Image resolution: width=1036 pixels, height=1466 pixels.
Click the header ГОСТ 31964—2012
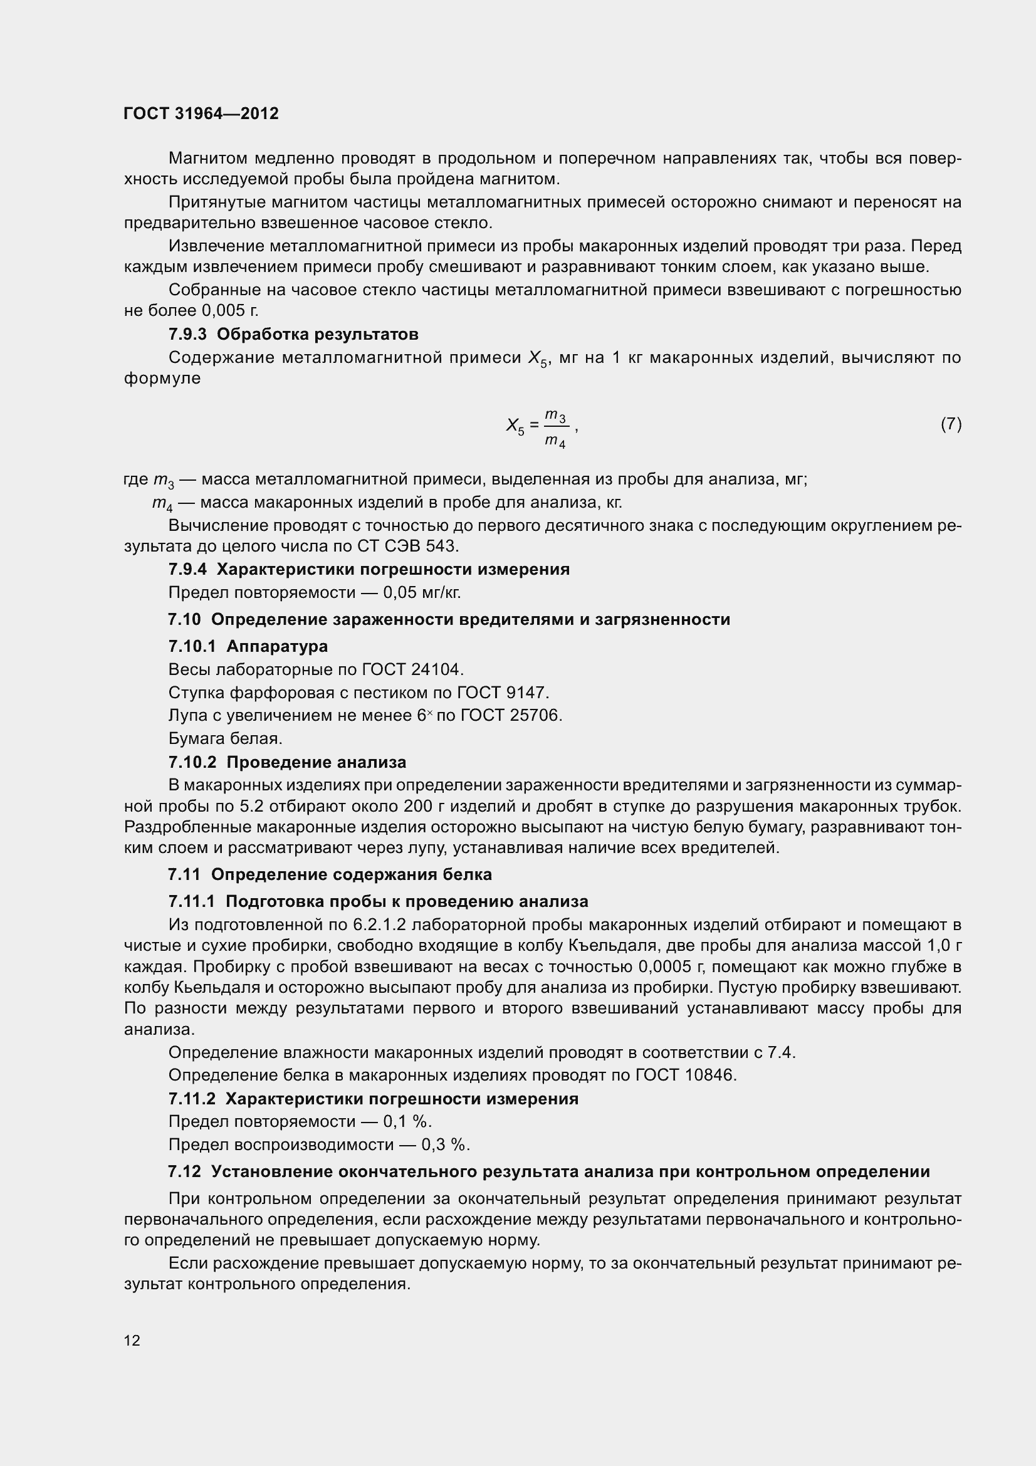[201, 113]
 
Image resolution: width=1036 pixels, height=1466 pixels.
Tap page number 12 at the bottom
[132, 1341]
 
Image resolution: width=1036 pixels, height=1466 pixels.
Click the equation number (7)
[951, 424]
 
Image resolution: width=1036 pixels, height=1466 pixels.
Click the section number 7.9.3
[187, 334]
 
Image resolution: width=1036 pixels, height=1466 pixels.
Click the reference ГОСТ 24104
[412, 669]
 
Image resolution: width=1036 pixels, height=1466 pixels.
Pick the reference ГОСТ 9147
[503, 692]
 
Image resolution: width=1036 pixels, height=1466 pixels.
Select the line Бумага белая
[226, 739]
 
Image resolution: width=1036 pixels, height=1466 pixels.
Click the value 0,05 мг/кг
[421, 592]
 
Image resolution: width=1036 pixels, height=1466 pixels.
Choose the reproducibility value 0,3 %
[445, 1145]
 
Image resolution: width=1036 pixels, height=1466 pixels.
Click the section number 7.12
[184, 1171]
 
